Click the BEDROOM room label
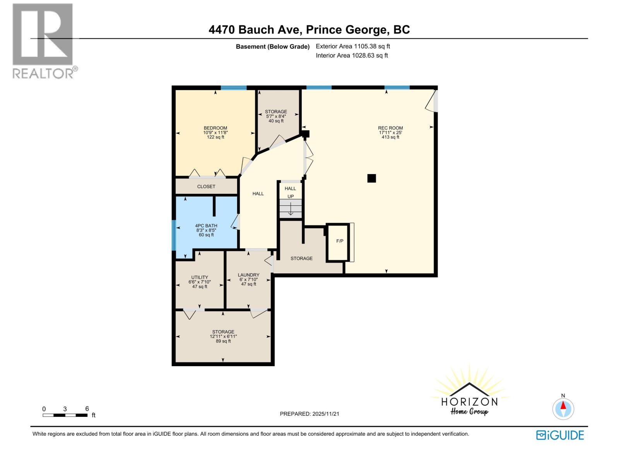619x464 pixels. (x=215, y=128)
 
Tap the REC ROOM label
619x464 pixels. (x=390, y=128)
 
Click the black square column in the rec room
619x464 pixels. (x=371, y=178)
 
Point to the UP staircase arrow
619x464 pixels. (x=291, y=209)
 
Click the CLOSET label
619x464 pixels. (x=206, y=186)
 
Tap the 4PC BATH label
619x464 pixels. (x=206, y=226)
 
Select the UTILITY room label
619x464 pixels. (x=200, y=277)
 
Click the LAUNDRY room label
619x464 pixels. (x=248, y=275)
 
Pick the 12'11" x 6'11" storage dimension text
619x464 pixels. (x=223, y=336)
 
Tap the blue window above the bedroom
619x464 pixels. (x=234, y=88)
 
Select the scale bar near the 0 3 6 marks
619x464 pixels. (x=65, y=415)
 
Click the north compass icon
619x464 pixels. (x=563, y=409)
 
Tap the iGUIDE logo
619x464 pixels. (x=560, y=435)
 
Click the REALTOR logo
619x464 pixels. (x=43, y=41)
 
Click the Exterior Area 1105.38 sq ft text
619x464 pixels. (x=353, y=46)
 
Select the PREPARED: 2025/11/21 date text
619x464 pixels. (x=309, y=414)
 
